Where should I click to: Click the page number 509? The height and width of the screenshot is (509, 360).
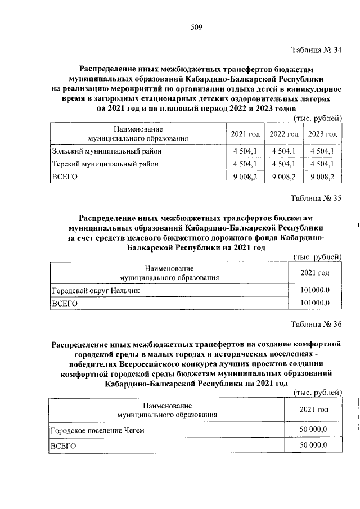(196, 27)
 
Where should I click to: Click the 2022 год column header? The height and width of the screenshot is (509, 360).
(283, 134)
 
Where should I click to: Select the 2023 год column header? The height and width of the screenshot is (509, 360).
(322, 134)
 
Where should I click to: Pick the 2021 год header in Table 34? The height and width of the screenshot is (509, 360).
(245, 134)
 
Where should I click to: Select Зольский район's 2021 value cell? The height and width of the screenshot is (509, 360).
(245, 151)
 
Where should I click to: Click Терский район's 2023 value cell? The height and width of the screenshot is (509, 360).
(322, 164)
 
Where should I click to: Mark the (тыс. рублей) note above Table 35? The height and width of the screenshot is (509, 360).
(318, 257)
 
